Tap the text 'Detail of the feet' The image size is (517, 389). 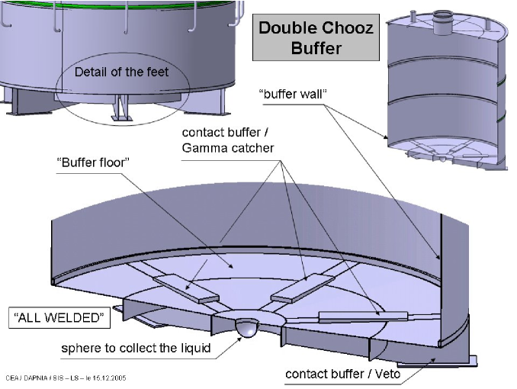click(121, 72)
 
